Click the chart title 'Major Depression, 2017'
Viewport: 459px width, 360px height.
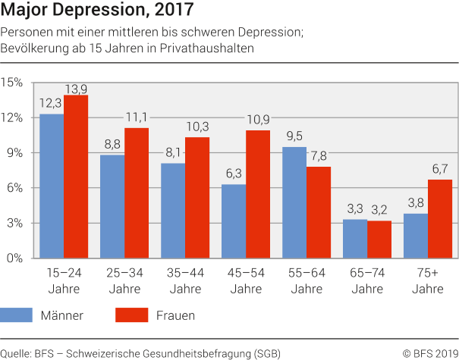coord(96,11)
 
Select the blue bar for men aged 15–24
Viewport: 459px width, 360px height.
coord(52,186)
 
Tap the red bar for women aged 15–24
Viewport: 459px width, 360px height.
coord(76,177)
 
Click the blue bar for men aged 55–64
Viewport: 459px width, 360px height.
coord(294,202)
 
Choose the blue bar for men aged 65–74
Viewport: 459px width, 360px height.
coord(355,239)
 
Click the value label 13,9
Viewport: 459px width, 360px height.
coord(76,89)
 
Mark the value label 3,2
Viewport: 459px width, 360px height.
coord(379,208)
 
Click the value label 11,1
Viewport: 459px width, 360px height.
coord(137,117)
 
